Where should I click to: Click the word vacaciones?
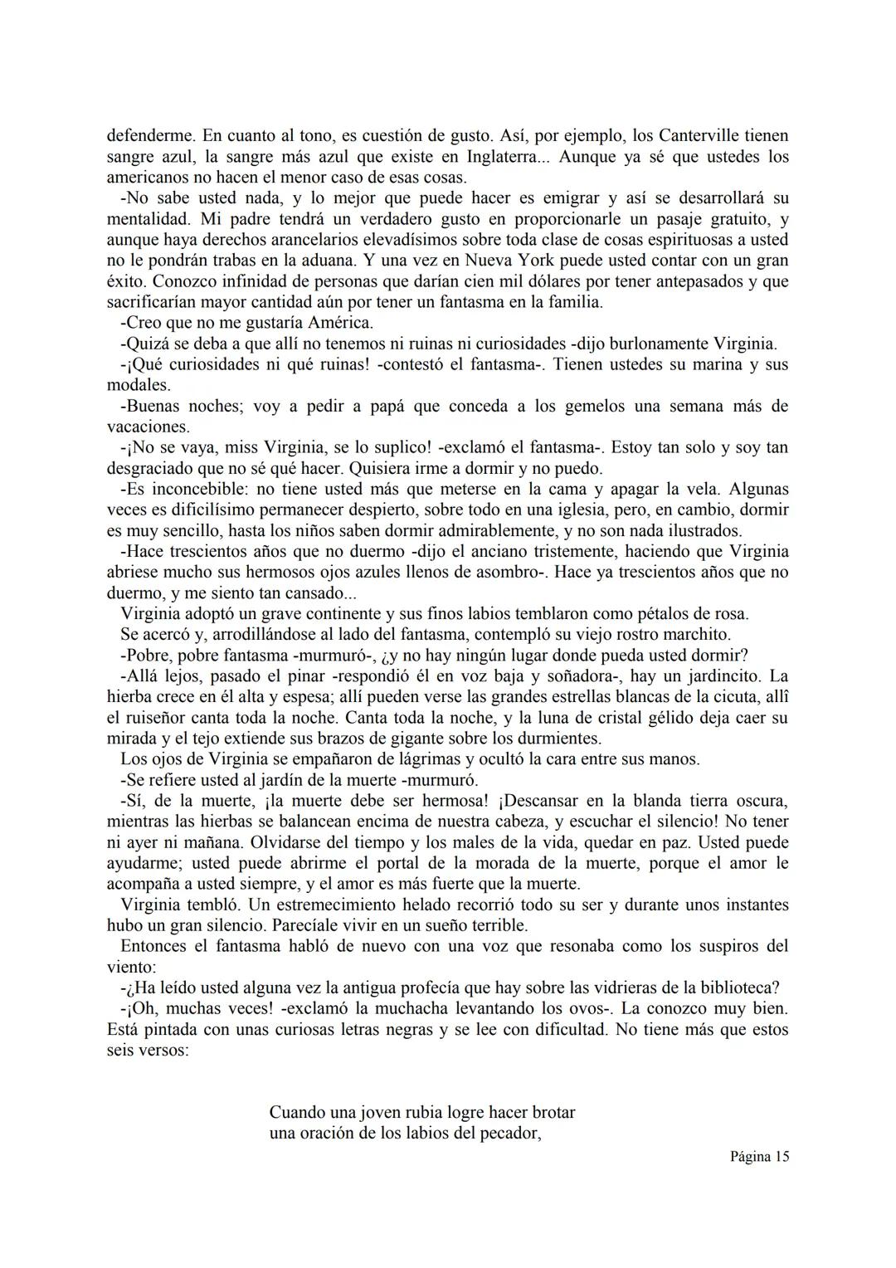[148, 427]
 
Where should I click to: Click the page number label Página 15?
[759, 1157]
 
